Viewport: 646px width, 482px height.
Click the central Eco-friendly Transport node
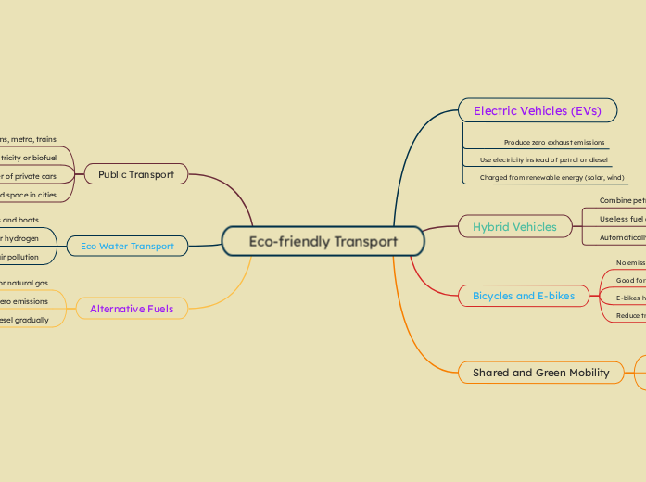tap(323, 242)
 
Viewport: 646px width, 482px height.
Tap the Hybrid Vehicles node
tap(514, 226)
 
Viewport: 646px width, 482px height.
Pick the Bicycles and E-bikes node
tap(524, 297)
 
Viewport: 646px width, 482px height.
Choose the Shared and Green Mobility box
tap(540, 373)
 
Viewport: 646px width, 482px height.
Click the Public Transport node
tap(136, 174)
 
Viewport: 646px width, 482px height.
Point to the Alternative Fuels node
tap(132, 309)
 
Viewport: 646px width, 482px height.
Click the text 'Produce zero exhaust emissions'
tap(554, 143)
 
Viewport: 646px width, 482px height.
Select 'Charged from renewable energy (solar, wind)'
tap(551, 177)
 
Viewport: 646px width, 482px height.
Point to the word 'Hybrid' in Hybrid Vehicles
tap(491, 226)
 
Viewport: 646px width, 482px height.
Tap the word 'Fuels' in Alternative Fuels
tap(158, 309)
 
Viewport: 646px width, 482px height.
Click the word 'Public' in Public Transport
tap(114, 174)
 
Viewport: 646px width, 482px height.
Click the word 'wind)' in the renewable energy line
tap(614, 177)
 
